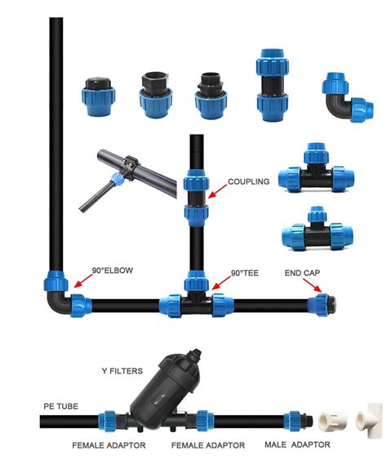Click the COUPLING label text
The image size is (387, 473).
click(248, 181)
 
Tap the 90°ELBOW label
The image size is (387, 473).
click(113, 270)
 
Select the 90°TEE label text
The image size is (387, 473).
click(244, 273)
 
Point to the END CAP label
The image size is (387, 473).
click(302, 273)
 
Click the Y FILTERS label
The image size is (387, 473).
click(122, 371)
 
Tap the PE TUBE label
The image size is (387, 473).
click(60, 406)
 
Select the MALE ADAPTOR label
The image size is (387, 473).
click(297, 444)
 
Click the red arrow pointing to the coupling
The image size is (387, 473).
click(217, 191)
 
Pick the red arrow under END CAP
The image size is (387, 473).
click(313, 285)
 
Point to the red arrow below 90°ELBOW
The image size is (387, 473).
click(83, 281)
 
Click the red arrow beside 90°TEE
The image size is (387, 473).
click(221, 283)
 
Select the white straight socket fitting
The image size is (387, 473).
click(332, 420)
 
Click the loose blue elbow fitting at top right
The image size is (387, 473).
click(347, 97)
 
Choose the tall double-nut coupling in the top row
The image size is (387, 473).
click(272, 85)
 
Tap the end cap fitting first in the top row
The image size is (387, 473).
click(98, 96)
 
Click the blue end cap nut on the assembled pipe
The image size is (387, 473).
click(319, 305)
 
